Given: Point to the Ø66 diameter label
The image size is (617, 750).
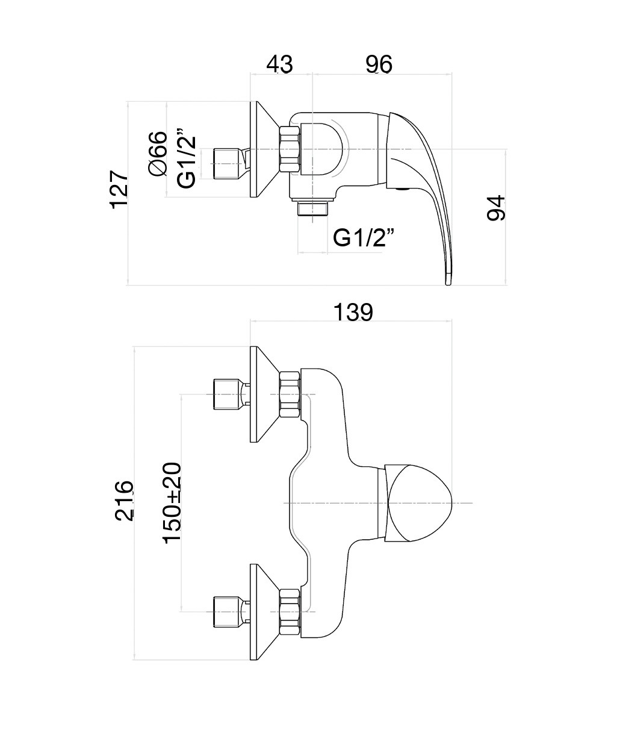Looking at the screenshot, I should tap(158, 153).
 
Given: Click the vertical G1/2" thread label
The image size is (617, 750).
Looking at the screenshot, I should tap(187, 157).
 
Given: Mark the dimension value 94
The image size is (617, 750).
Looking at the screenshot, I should tap(497, 208).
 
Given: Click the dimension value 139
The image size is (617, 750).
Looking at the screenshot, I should tap(353, 312).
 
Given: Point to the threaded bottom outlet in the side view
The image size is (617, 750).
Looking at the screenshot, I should tap(314, 208).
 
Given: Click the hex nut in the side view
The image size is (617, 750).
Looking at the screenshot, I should tap(290, 149).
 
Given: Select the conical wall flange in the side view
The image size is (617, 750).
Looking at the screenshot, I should tap(263, 149).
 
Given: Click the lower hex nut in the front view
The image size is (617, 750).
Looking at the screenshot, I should tap(290, 611).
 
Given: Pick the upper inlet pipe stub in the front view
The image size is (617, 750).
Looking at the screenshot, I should tap(226, 393).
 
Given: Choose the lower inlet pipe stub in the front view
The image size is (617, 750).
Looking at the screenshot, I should tap(226, 611).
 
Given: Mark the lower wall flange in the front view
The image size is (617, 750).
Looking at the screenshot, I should tap(263, 611).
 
